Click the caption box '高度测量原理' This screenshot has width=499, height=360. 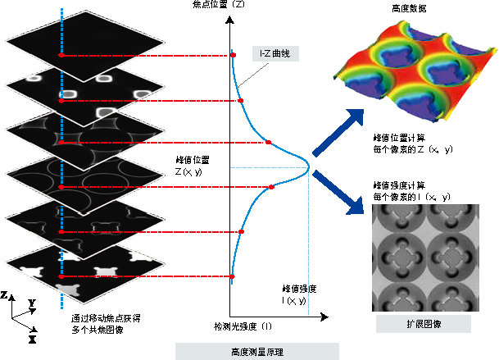(247, 350)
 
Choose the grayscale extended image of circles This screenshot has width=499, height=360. (424, 256)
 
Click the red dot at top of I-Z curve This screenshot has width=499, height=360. (233, 55)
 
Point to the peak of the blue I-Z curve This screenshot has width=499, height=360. (310, 167)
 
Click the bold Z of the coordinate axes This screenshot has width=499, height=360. (5, 294)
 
